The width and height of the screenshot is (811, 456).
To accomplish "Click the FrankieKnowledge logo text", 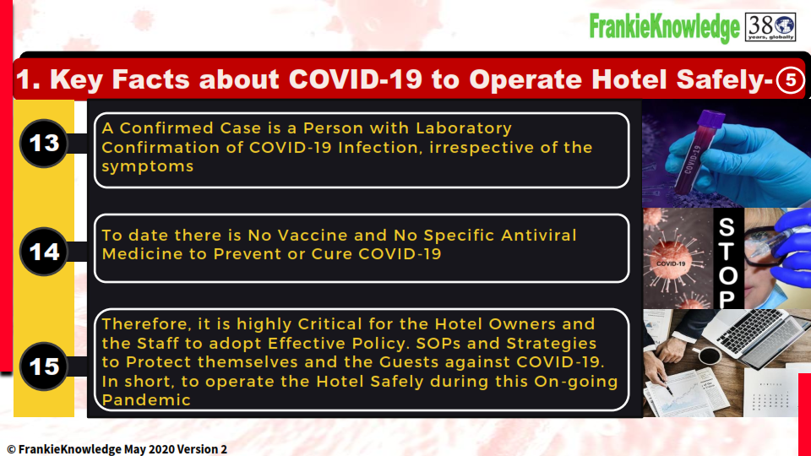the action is pyautogui.click(x=665, y=27).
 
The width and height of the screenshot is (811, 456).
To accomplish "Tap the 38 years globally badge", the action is pyautogui.click(x=770, y=27).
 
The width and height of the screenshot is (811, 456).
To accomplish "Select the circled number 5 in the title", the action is pyautogui.click(x=790, y=80).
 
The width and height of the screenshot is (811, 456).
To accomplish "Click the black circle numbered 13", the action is pyautogui.click(x=44, y=144).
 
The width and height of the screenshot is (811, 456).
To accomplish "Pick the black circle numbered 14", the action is pyautogui.click(x=44, y=252).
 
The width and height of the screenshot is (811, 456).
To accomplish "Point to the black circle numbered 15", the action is pyautogui.click(x=44, y=366).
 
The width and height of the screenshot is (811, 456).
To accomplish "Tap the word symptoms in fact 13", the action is pyautogui.click(x=147, y=166).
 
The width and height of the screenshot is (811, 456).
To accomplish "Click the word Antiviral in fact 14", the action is pyautogui.click(x=538, y=236).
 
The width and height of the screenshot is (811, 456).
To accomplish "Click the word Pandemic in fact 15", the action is pyautogui.click(x=146, y=400).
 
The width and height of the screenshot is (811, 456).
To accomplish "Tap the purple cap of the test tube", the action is pyautogui.click(x=710, y=118).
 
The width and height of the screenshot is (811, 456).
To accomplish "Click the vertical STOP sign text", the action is pyautogui.click(x=727, y=262).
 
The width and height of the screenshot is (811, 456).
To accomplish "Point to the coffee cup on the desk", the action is pyautogui.click(x=708, y=356).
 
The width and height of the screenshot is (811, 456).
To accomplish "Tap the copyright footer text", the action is pyautogui.click(x=117, y=449).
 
